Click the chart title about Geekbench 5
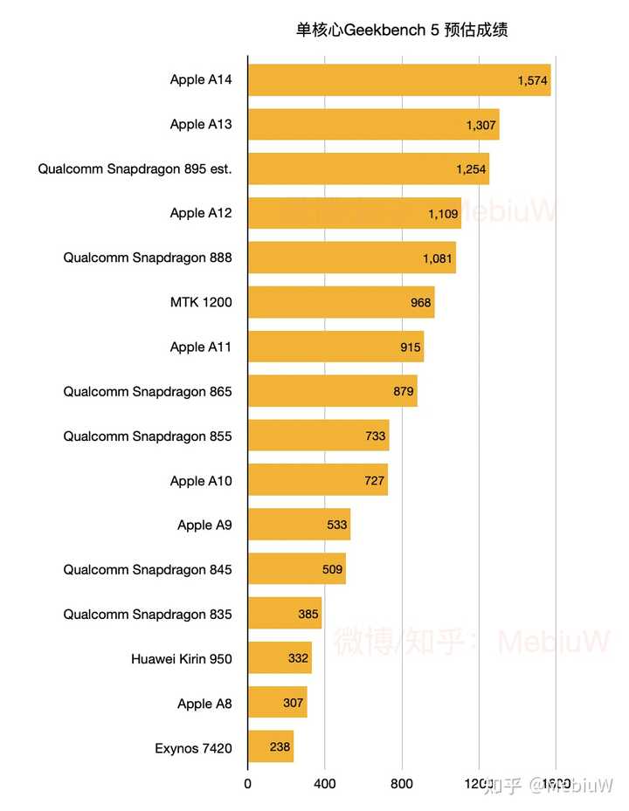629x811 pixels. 402,31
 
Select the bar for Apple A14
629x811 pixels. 399,80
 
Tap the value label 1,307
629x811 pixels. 481,125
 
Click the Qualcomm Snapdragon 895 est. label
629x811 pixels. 135,169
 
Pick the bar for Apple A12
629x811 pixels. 354,213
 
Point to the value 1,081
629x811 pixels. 438,258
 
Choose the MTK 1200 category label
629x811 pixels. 201,303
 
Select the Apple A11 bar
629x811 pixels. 335,347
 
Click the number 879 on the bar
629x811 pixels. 404,391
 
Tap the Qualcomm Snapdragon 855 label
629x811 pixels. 148,436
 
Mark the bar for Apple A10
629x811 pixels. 317,480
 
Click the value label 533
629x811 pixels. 337,525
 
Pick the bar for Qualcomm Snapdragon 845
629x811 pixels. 296,569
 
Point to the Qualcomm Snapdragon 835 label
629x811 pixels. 148,615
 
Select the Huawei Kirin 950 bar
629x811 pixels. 280,658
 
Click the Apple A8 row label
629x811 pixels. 204,704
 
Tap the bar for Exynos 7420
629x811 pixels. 271,747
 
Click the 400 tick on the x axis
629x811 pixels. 325,784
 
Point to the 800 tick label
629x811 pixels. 402,784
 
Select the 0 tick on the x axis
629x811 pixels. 248,784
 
